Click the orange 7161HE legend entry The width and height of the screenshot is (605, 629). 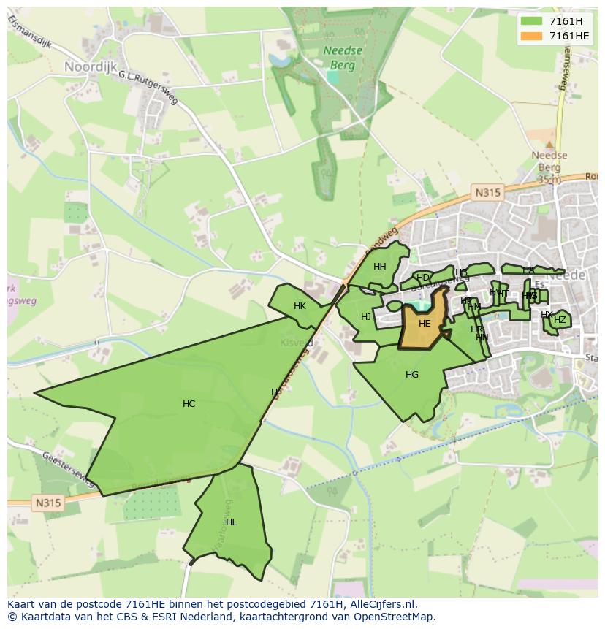point(569,36)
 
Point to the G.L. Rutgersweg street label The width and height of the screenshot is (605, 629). point(148,88)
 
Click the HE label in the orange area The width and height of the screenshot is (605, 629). point(425,323)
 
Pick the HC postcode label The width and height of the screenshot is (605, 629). point(189,403)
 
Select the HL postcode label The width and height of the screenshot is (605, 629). point(231,522)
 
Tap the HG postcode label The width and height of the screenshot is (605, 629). point(412,374)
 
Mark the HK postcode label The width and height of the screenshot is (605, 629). point(300,305)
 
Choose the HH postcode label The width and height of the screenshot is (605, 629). point(379,266)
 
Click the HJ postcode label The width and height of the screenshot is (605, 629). point(366,316)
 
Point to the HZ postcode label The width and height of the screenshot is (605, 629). point(560,319)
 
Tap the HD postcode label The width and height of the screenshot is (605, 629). point(422,277)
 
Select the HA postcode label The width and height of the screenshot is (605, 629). point(528,270)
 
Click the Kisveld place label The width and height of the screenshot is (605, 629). point(297,341)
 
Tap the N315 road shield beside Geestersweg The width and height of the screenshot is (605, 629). point(47,503)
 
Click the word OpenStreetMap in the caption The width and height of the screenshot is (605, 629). point(393,616)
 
